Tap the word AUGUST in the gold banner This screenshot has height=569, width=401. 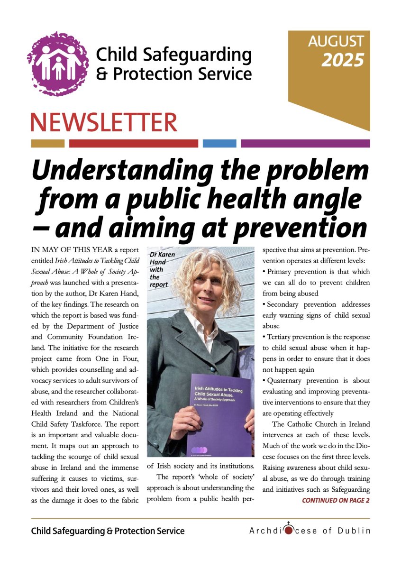(336, 42)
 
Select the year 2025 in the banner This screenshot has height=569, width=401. (343, 60)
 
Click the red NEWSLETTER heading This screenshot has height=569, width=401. (104, 122)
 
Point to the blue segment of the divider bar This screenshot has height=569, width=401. (219, 143)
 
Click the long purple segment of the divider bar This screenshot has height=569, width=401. (305, 143)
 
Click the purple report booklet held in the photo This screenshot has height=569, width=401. (220, 415)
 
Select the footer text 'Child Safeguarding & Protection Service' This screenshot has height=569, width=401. (108, 531)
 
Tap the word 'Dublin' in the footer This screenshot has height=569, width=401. (355, 531)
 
